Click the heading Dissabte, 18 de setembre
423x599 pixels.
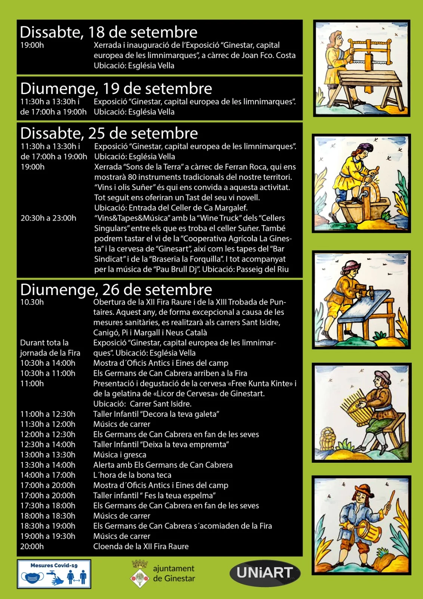pos(108,33)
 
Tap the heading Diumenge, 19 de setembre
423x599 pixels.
pos(116,89)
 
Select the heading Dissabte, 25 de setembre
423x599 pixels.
pos(109,134)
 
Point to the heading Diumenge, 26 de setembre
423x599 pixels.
pos(116,290)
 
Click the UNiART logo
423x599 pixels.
pos(264,573)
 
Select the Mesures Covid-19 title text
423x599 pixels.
pos(54,565)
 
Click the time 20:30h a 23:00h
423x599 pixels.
pos(48,218)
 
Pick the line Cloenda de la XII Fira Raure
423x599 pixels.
pos(141,547)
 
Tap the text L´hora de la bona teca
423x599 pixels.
pos(132,475)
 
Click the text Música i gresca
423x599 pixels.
pos(120,455)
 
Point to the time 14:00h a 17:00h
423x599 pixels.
pos(47,475)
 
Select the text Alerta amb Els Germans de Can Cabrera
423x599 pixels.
pos(163,465)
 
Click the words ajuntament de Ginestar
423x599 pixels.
pos(174,574)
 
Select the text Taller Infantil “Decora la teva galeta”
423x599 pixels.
pos(156,414)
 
